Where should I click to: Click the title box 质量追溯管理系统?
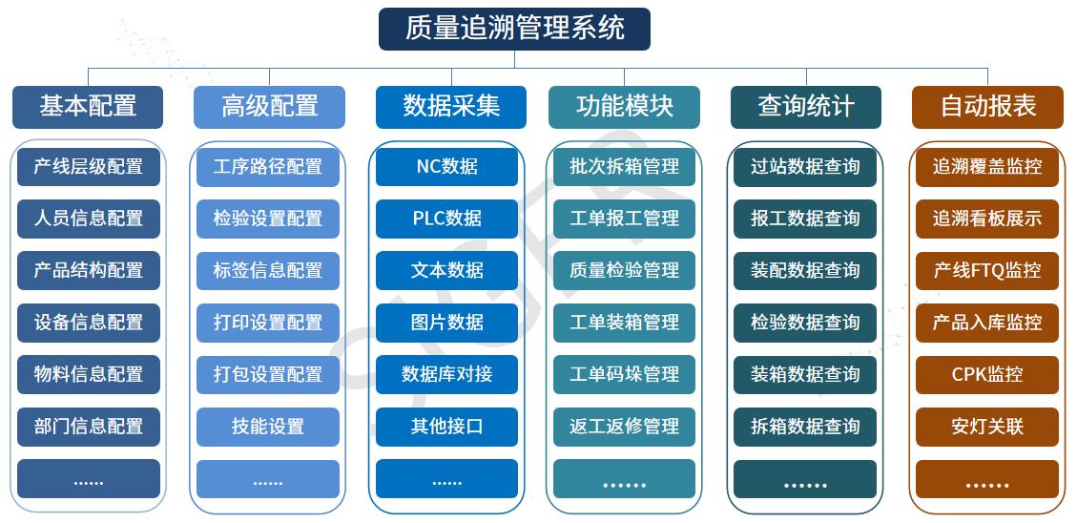click(x=514, y=29)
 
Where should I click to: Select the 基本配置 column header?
click(x=88, y=107)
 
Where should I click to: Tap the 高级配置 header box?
click(x=269, y=107)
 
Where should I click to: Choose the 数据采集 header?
click(x=451, y=107)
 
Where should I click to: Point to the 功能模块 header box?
click(x=625, y=107)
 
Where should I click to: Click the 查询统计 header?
click(x=806, y=107)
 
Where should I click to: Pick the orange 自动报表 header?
click(x=987, y=107)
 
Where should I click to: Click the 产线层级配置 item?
click(x=89, y=167)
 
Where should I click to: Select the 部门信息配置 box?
click(x=89, y=427)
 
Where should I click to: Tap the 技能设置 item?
click(x=268, y=427)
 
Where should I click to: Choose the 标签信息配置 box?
click(x=268, y=271)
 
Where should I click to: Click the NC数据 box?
click(x=446, y=167)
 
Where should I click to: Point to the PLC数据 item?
click(x=446, y=219)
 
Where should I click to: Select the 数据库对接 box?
click(x=446, y=374)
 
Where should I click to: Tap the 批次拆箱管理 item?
click(x=625, y=167)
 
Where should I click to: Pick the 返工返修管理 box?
click(x=625, y=427)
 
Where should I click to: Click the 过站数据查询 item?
click(x=805, y=167)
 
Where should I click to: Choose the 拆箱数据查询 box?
click(x=805, y=427)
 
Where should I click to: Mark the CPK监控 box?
click(x=987, y=374)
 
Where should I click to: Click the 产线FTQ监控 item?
click(x=987, y=271)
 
